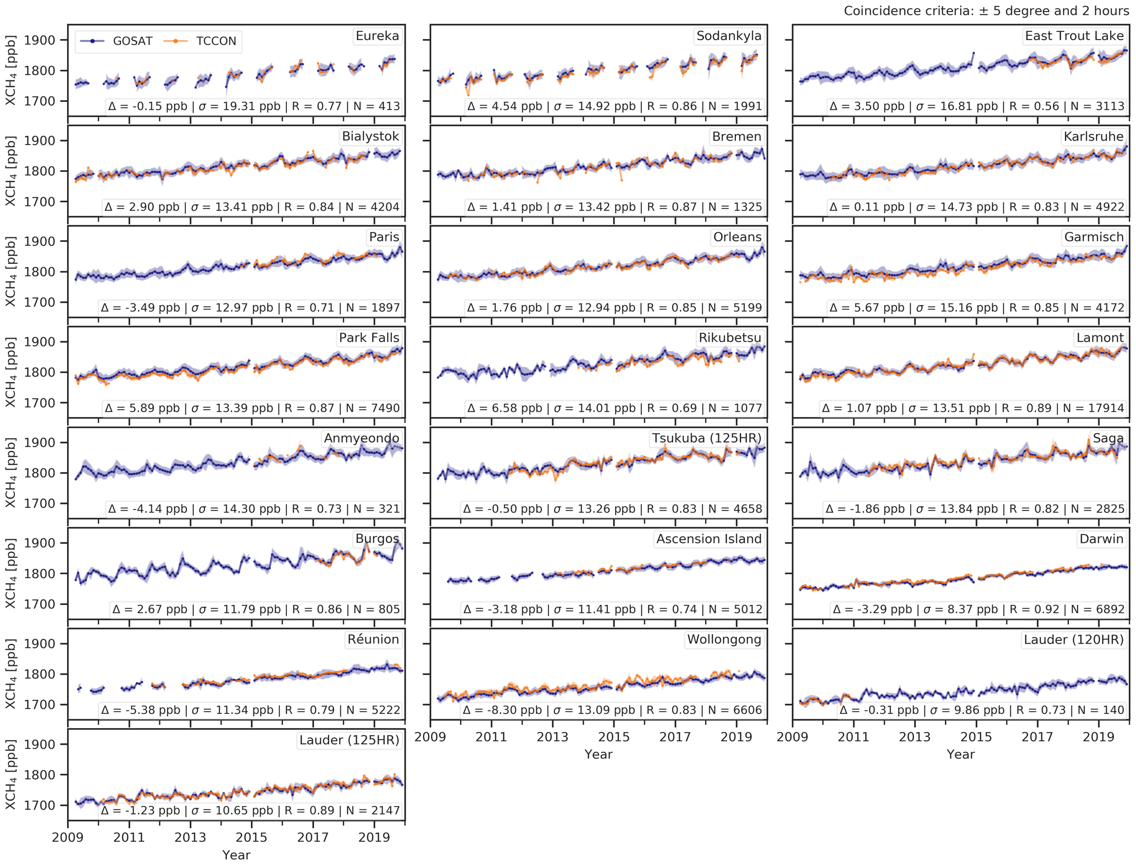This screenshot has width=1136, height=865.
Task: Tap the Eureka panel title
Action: [377, 36]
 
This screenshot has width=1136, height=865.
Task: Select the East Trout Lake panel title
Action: [1074, 36]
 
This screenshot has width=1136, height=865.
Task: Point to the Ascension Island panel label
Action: [708, 539]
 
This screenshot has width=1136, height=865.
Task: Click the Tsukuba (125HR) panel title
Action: [706, 439]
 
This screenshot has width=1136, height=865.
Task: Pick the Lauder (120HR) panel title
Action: [1073, 640]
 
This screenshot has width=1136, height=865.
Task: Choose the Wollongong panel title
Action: [724, 640]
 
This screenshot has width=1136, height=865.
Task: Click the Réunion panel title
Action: [373, 640]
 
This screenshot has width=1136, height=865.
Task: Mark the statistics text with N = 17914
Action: [973, 408]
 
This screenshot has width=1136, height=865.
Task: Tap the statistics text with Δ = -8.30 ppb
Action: [612, 710]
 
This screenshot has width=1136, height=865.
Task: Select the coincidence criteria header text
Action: [986, 11]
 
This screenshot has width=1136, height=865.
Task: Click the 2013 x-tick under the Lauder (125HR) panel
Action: [190, 838]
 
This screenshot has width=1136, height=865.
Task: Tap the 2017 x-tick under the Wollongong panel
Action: [675, 737]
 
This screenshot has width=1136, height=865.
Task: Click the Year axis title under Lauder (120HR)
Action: [960, 755]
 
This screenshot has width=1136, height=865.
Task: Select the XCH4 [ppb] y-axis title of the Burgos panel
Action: [10, 573]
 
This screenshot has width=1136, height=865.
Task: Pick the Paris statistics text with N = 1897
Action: [250, 308]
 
